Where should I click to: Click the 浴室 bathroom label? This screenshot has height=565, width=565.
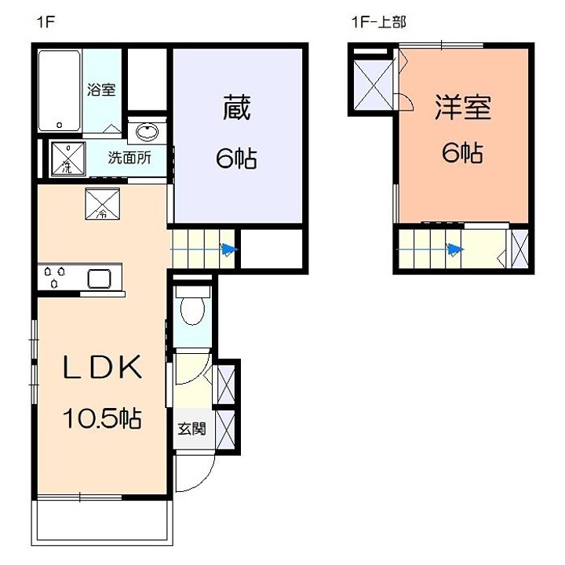101,89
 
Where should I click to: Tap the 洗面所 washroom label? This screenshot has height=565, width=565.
129,158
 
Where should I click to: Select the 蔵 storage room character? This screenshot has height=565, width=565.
236,108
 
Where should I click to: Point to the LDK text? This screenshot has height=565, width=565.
102,367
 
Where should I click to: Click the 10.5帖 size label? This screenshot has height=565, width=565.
102,418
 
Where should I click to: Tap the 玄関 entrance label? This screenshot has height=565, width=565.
191,428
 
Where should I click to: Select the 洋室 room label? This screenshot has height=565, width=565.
463,107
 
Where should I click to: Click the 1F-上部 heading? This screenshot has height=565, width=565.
379,22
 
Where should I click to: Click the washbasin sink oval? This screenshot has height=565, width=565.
147,132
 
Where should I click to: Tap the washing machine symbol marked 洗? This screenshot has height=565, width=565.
68,159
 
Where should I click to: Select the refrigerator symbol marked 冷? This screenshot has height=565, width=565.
102,203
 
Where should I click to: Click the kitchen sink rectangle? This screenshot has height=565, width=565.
100,279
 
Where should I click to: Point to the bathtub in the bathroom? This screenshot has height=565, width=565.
60,91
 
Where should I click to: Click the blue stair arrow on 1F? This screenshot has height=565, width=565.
204,249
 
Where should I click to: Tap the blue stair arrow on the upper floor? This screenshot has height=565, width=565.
430,249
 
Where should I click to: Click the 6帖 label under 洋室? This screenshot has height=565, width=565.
463,153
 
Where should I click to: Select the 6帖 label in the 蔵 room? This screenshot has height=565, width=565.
236,159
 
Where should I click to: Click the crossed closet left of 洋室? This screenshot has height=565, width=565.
374,86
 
